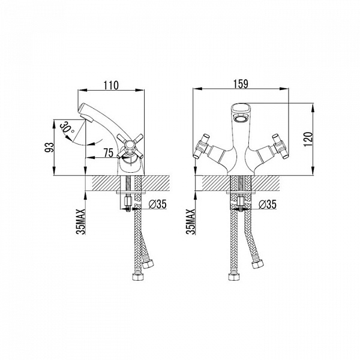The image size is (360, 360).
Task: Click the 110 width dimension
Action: point(111,85)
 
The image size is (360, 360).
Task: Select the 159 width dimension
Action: point(241,84)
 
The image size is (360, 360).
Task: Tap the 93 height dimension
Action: point(49,148)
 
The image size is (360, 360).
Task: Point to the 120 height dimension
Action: point(308,139)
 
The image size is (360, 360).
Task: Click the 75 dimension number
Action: point(109,153)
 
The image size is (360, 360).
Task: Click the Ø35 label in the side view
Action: point(157,204)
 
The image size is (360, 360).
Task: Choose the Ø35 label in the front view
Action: point(268,205)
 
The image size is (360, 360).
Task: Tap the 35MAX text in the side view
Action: point(81,221)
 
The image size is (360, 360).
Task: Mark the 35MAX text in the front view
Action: point(191,221)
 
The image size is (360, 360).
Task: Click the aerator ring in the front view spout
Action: point(240,119)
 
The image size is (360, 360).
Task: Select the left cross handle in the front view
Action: point(202,146)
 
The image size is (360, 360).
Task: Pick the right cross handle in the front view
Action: point(280,146)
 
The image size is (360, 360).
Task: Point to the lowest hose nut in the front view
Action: point(235,277)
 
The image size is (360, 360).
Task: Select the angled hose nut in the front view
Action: point(257,265)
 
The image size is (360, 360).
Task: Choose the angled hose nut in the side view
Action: point(147,265)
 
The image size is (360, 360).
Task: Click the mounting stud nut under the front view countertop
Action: point(241,202)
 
